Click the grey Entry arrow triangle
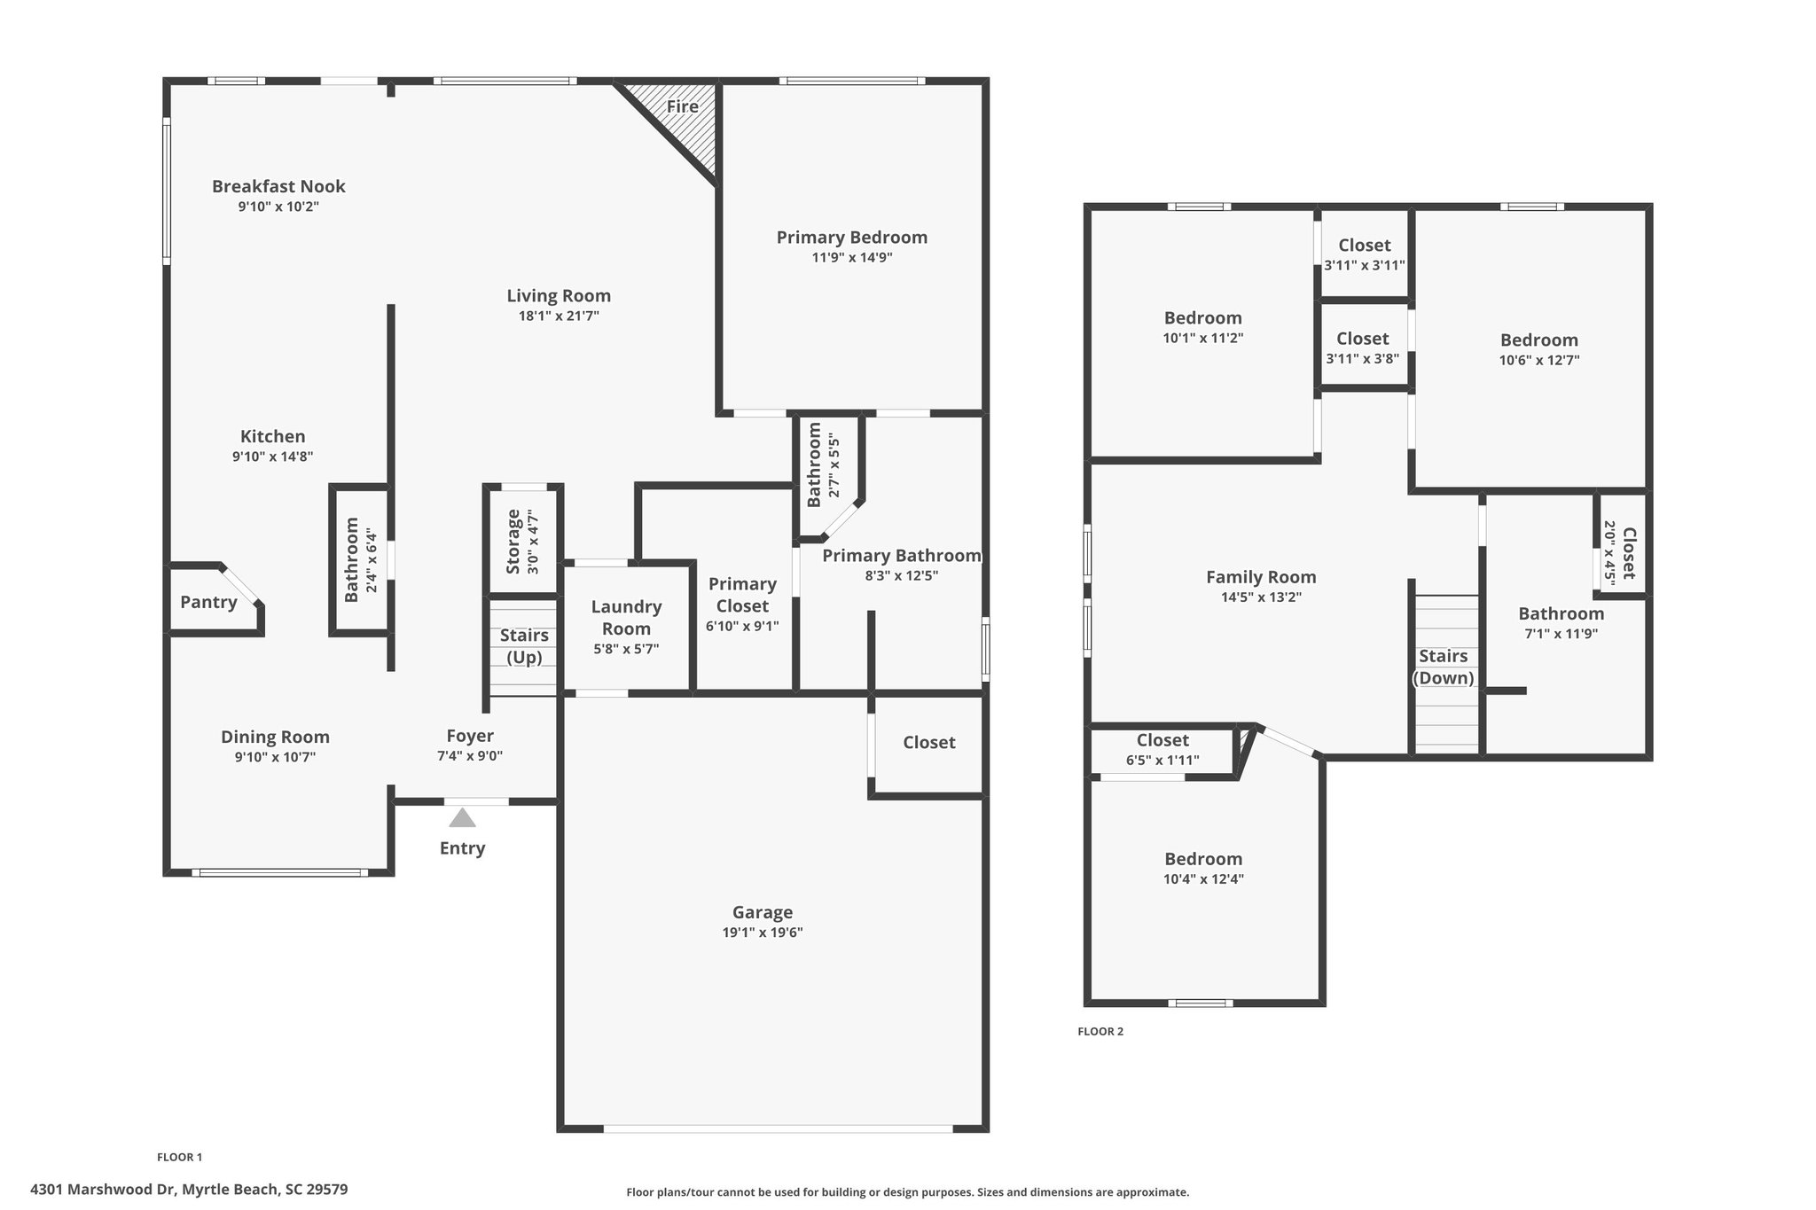click(462, 817)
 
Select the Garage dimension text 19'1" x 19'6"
click(763, 933)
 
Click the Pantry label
click(208, 603)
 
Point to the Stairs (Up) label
click(524, 647)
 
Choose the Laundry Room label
click(627, 618)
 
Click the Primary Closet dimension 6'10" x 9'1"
click(742, 627)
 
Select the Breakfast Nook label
click(278, 186)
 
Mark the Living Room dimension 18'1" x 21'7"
click(560, 316)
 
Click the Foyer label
click(470, 736)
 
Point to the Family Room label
click(1261, 577)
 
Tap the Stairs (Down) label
click(1444, 667)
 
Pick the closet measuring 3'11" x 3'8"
click(1364, 346)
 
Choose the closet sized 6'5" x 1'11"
click(1162, 751)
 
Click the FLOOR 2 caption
click(1100, 1031)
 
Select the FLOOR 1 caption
click(180, 1157)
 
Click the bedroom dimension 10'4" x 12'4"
click(1203, 879)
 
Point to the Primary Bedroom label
click(852, 237)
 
